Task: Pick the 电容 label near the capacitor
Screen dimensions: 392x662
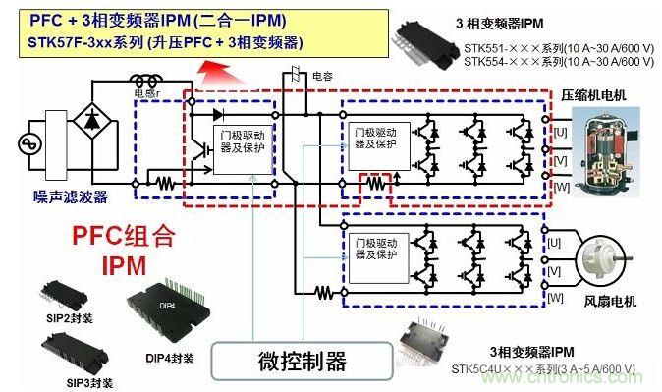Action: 322,74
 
